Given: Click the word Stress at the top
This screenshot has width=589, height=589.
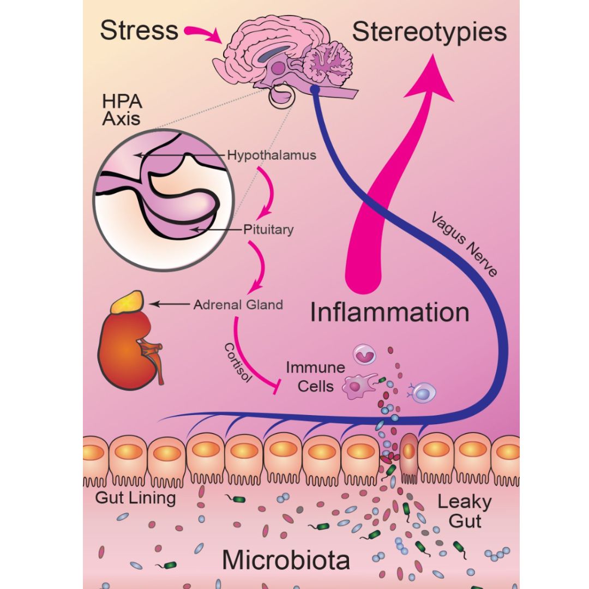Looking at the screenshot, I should tap(139, 31).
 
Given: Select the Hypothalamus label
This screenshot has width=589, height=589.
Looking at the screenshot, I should tap(272, 155).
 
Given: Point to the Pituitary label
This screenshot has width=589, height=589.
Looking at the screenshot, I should tap(268, 230).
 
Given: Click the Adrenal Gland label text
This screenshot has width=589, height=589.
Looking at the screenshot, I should tap(238, 304).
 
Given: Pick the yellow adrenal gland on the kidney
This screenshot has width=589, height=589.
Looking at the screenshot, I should tap(128, 302).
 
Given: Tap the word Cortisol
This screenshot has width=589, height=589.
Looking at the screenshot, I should tap(238, 363).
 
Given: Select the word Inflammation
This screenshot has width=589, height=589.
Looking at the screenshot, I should tap(389, 313).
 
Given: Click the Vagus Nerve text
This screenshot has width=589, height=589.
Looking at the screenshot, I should tap(464, 245).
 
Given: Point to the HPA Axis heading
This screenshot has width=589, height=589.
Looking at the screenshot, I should tap(121, 111).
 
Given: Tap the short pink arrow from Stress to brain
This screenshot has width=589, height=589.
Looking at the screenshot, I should tap(203, 34).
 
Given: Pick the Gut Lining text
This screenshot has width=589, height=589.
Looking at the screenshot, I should tap(135, 497).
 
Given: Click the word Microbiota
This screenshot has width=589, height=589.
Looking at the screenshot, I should tap(286, 560).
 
